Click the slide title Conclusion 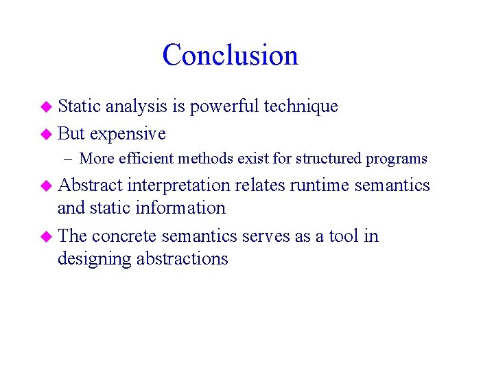pyautogui.click(x=230, y=55)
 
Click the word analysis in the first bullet pyautogui.click(x=136, y=106)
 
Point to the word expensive pyautogui.click(x=128, y=133)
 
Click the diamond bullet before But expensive pyautogui.click(x=46, y=133)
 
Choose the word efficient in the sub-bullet pyautogui.click(x=146, y=159)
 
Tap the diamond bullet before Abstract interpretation pyautogui.click(x=46, y=185)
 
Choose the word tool pyautogui.click(x=344, y=236)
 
